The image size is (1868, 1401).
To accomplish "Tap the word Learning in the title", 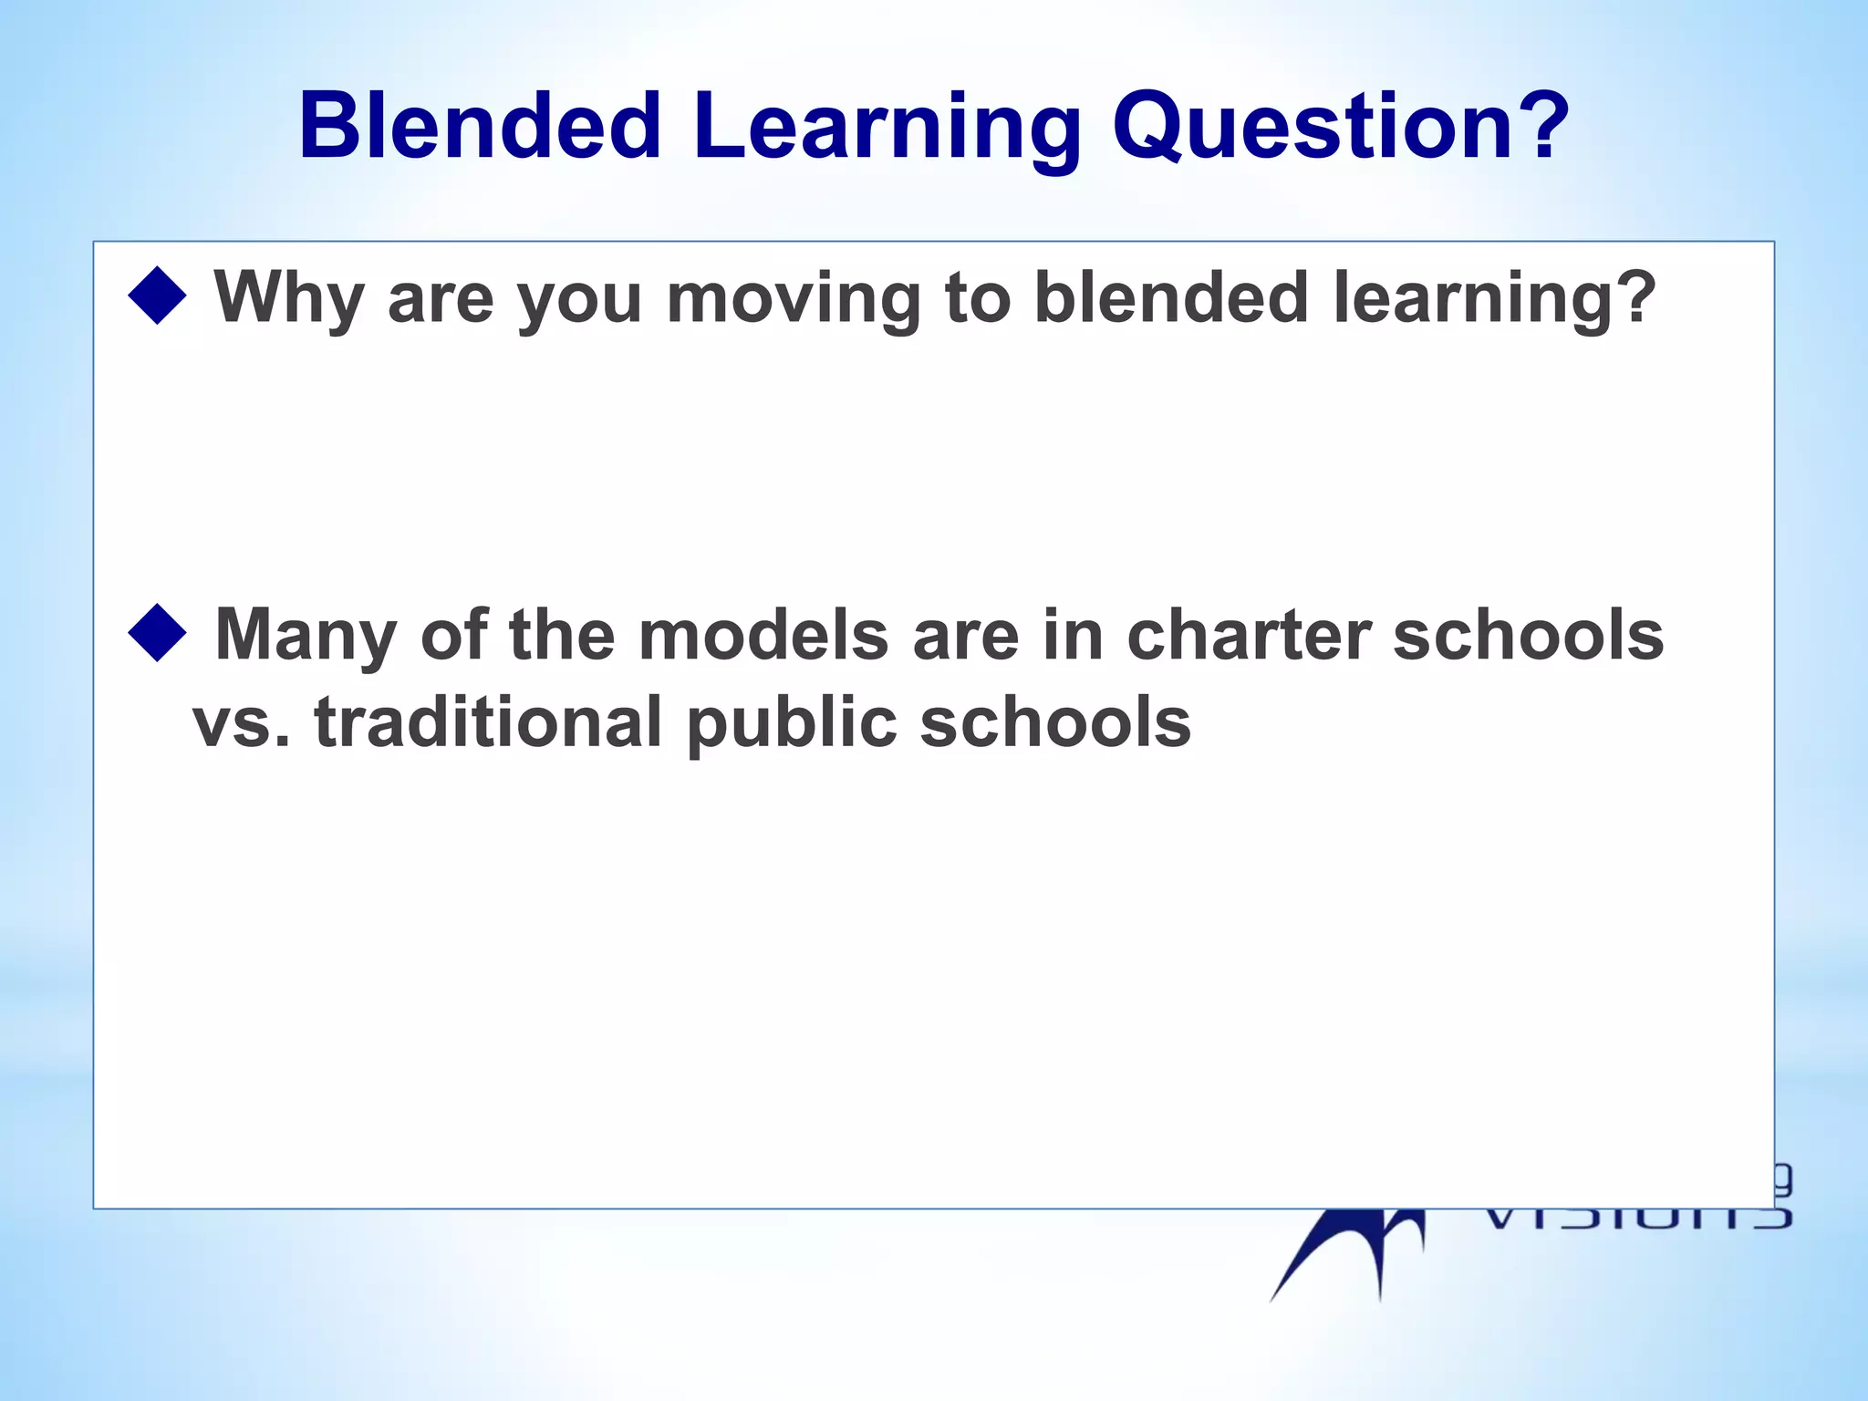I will click(886, 128).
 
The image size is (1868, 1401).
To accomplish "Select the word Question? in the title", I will click(1340, 128).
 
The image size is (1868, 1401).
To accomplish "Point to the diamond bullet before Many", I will click(158, 632).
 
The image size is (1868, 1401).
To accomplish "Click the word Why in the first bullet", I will click(289, 299).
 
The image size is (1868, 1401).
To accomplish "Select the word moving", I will click(794, 299).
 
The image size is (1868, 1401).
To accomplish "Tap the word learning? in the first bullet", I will click(1494, 299).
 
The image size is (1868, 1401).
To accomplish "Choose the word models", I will click(763, 635).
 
